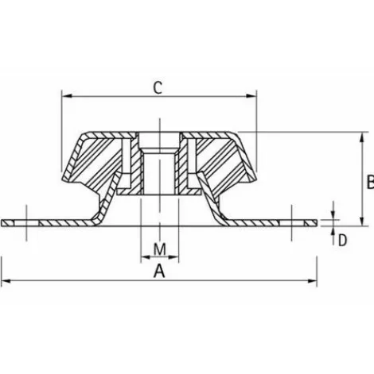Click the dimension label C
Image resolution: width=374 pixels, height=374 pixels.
[158, 88]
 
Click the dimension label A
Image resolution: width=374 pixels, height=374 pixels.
[159, 271]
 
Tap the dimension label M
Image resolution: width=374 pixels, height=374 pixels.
[160, 249]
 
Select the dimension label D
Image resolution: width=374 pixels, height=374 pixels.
[342, 241]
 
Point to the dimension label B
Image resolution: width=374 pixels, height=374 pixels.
[370, 182]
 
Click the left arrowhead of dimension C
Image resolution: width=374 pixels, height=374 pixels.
[67, 96]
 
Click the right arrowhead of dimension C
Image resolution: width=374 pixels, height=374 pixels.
[251, 96]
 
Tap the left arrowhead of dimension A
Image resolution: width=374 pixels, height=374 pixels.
[6, 281]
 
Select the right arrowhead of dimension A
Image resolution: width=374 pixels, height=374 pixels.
[312, 281]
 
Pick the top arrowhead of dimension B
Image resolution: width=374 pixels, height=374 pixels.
[362, 137]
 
